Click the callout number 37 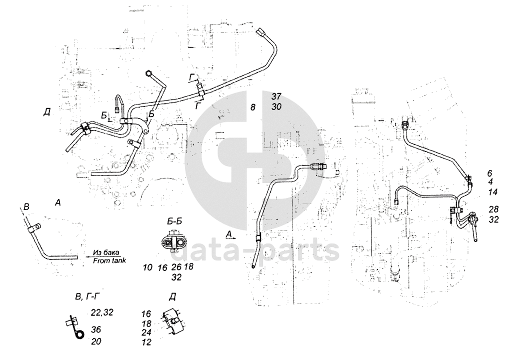point(277,96)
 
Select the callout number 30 point(277,106)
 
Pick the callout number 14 point(492,191)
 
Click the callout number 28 point(493,209)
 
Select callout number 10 point(147,267)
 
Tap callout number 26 point(176,267)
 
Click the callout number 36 point(96,329)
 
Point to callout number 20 point(96,341)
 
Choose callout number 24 point(146,332)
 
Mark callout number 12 point(146,342)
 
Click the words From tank point(109,260)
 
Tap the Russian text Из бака point(107,253)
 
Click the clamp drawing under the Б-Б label point(173,241)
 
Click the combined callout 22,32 point(102,313)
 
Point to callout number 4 point(490,182)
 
